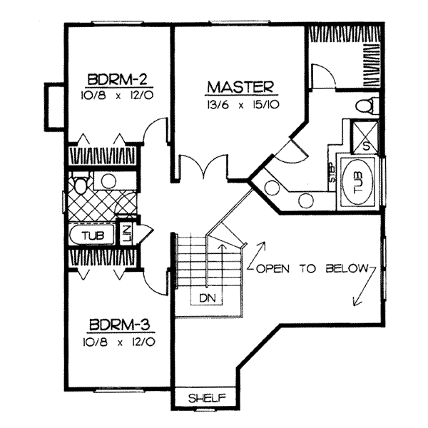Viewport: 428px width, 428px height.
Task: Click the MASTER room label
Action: click(x=240, y=87)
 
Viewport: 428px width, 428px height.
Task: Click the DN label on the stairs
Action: click(x=208, y=297)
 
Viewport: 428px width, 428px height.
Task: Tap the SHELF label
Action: click(x=206, y=397)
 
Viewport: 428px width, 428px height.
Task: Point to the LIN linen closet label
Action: click(x=126, y=234)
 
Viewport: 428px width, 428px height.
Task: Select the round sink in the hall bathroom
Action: click(x=108, y=180)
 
